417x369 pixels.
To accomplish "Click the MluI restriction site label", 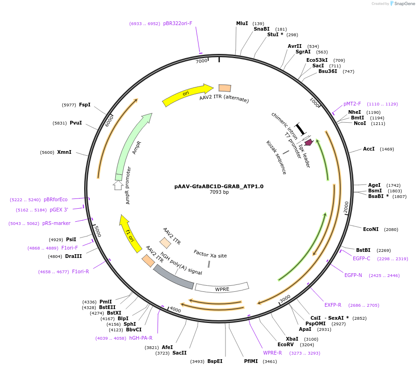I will click(x=242, y=24).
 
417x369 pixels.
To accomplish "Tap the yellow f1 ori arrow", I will click(x=130, y=233).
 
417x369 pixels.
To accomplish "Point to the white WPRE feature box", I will click(x=222, y=288).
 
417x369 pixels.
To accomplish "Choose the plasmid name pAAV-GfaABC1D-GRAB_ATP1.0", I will click(x=219, y=186).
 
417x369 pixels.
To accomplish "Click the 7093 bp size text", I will click(x=219, y=192).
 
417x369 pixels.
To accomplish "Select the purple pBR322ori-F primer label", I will click(x=178, y=23).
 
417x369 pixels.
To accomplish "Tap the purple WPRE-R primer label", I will click(x=272, y=353).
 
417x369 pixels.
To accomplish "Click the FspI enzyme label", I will click(x=85, y=105).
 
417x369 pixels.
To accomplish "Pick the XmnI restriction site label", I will click(x=64, y=152).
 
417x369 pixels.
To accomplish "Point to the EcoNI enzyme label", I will click(x=371, y=229).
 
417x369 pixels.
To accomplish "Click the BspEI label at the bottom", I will click(x=215, y=361).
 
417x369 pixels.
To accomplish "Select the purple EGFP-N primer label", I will click(x=353, y=275).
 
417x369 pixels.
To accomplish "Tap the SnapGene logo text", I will click(x=403, y=4).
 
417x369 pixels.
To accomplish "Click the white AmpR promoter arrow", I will click(x=118, y=185).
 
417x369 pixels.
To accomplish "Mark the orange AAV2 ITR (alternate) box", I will click(x=225, y=88).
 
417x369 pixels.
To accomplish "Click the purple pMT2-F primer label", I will click(x=351, y=104).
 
